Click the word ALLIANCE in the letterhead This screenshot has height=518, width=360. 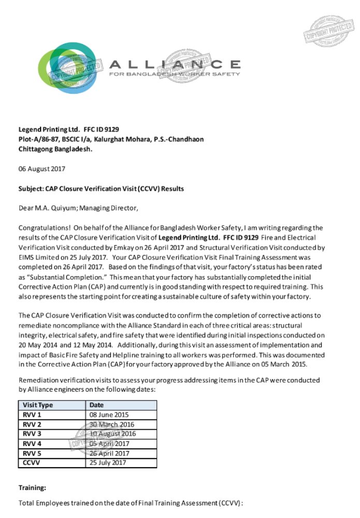[175, 64]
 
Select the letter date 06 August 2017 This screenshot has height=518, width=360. [42, 169]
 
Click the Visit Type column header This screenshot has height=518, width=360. [38, 405]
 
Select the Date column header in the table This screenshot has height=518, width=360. [97, 405]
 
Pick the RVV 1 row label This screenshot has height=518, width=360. [32, 415]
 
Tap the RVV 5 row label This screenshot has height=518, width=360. [32, 453]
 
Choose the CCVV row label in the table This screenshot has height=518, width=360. [33, 463]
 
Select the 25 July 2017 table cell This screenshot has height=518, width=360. [108, 463]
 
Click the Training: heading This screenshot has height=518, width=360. [33, 487]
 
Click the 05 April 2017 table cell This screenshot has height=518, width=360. [108, 443]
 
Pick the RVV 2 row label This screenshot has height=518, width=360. [32, 424]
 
